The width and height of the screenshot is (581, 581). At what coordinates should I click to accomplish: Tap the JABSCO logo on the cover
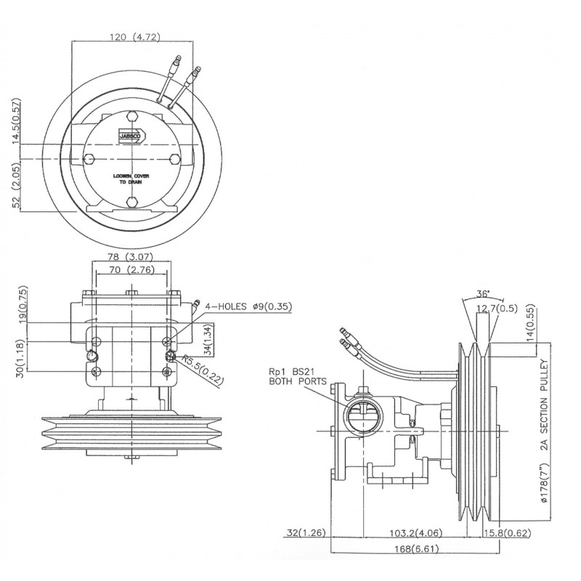(x=133, y=134)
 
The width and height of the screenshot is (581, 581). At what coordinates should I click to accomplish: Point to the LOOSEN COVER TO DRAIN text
(x=132, y=179)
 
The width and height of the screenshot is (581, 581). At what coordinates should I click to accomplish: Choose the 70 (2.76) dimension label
(x=129, y=271)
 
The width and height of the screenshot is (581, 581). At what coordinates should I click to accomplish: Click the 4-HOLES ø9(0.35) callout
(x=246, y=307)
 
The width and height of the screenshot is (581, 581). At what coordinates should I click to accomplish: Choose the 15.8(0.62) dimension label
(x=503, y=534)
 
